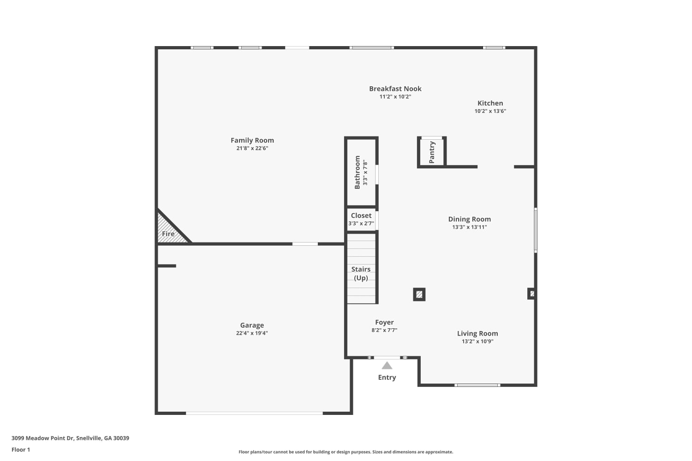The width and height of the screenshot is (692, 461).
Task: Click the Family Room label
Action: [252, 140]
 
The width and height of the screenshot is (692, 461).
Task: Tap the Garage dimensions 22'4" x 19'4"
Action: [252, 333]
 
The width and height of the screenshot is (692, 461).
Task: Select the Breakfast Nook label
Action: [395, 89]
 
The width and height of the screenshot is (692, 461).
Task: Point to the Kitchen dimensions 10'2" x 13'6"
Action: [490, 111]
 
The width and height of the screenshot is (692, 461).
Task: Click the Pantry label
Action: [432, 152]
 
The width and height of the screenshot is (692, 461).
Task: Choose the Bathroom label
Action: [357, 172]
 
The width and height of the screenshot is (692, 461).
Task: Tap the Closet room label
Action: [361, 216]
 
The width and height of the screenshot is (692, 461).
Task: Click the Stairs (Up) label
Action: [361, 273]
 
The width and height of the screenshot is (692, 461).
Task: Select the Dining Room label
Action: [470, 219]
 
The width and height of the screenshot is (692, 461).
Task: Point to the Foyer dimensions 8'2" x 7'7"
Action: [384, 330]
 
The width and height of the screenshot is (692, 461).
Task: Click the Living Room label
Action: [477, 333]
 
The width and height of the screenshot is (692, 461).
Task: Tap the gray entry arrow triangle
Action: [387, 366]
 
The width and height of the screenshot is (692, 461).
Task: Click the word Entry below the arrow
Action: [387, 377]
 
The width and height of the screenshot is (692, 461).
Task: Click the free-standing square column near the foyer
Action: [419, 295]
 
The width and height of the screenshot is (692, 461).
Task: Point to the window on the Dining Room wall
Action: [536, 230]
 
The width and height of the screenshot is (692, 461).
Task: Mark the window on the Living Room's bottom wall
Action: [477, 385]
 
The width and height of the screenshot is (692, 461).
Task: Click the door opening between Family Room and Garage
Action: [305, 244]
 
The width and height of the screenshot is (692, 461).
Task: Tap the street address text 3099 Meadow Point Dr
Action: [43, 438]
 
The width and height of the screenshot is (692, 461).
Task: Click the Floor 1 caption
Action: [21, 449]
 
